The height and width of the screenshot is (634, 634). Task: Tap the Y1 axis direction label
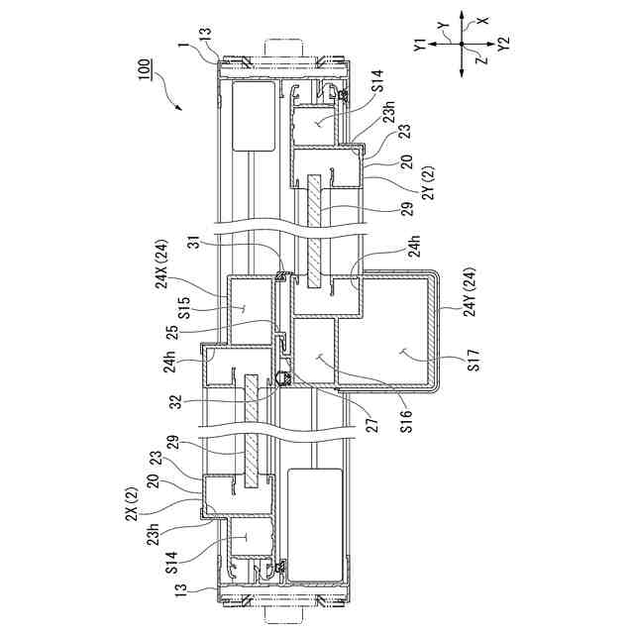click(421, 44)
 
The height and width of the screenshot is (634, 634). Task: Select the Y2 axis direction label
click(504, 44)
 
